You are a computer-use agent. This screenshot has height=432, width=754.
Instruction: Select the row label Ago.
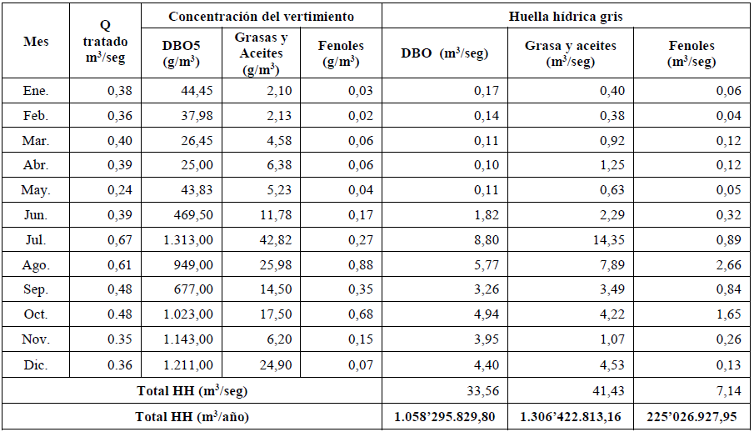pyautogui.click(x=36, y=265)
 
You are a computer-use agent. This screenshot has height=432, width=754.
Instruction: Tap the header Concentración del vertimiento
pyautogui.click(x=262, y=17)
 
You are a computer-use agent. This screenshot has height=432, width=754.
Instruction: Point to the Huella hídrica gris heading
pyautogui.click(x=567, y=17)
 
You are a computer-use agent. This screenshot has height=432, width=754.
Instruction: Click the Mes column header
pyautogui.click(x=36, y=41)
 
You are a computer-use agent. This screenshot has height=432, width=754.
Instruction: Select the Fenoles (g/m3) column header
pyautogui.click(x=339, y=53)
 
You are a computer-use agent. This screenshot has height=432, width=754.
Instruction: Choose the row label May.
pyautogui.click(x=36, y=190)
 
